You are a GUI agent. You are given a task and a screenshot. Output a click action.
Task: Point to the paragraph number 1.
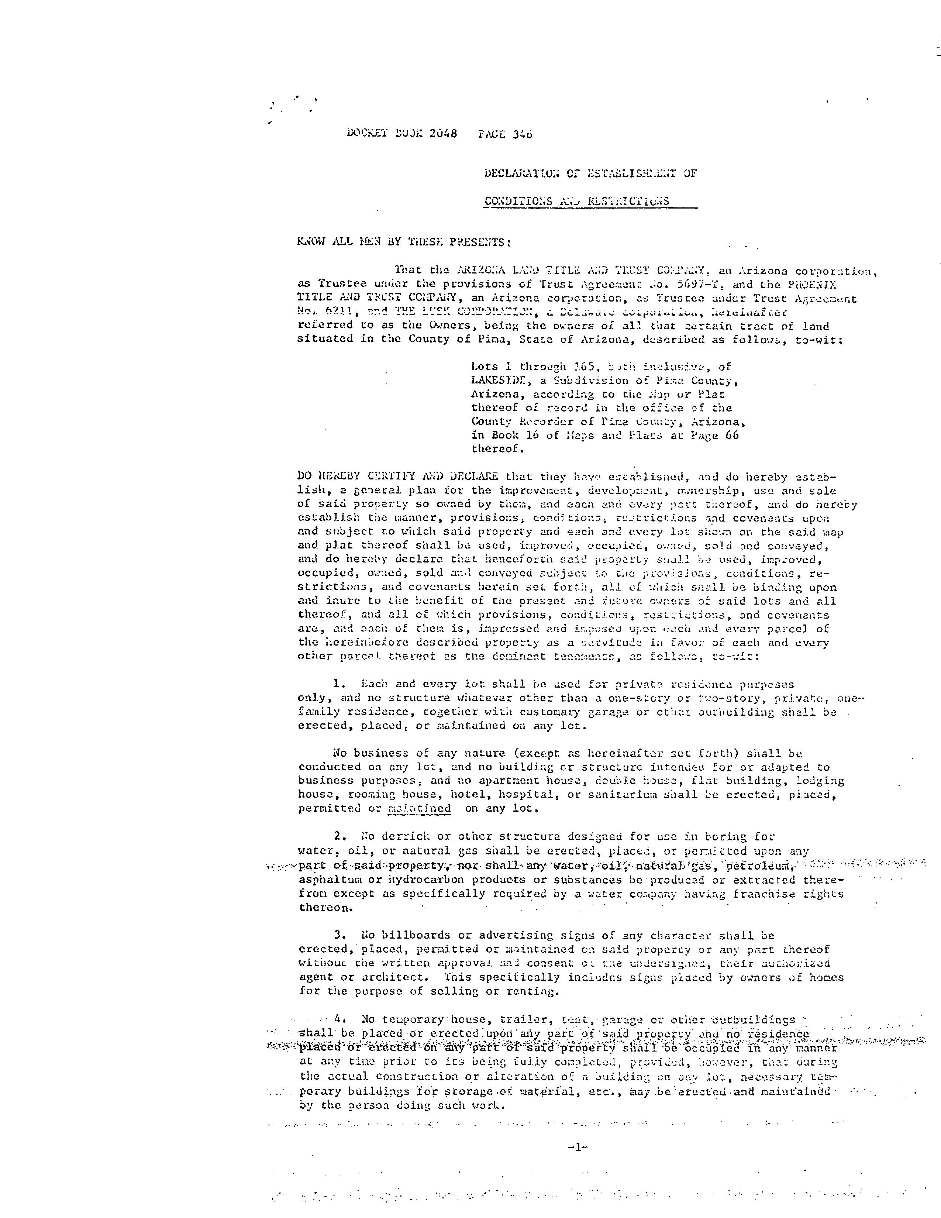click(x=337, y=684)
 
